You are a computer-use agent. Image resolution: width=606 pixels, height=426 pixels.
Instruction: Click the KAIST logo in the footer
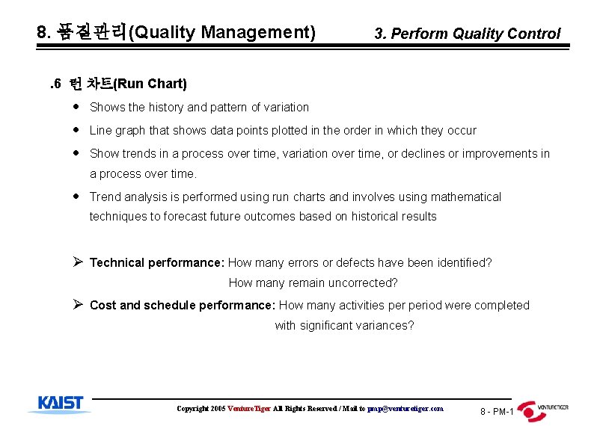coord(60,404)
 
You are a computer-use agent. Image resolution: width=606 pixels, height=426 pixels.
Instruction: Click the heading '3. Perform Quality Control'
coord(467,34)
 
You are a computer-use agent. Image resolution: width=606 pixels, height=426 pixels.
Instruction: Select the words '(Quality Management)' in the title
coord(222,32)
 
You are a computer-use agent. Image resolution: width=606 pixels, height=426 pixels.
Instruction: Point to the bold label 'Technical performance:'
coord(157,262)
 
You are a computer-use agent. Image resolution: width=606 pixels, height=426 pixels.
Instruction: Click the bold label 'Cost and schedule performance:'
coord(183,305)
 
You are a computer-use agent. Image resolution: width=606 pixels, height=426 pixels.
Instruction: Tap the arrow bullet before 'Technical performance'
coord(77,262)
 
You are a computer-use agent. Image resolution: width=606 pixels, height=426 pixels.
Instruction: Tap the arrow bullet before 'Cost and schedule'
coord(77,305)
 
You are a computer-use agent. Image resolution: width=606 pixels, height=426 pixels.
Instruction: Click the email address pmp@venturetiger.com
coord(405,409)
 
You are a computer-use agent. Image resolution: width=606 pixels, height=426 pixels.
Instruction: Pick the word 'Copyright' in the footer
coord(192,409)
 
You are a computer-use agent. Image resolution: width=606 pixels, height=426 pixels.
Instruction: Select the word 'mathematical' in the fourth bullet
coord(465,197)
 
